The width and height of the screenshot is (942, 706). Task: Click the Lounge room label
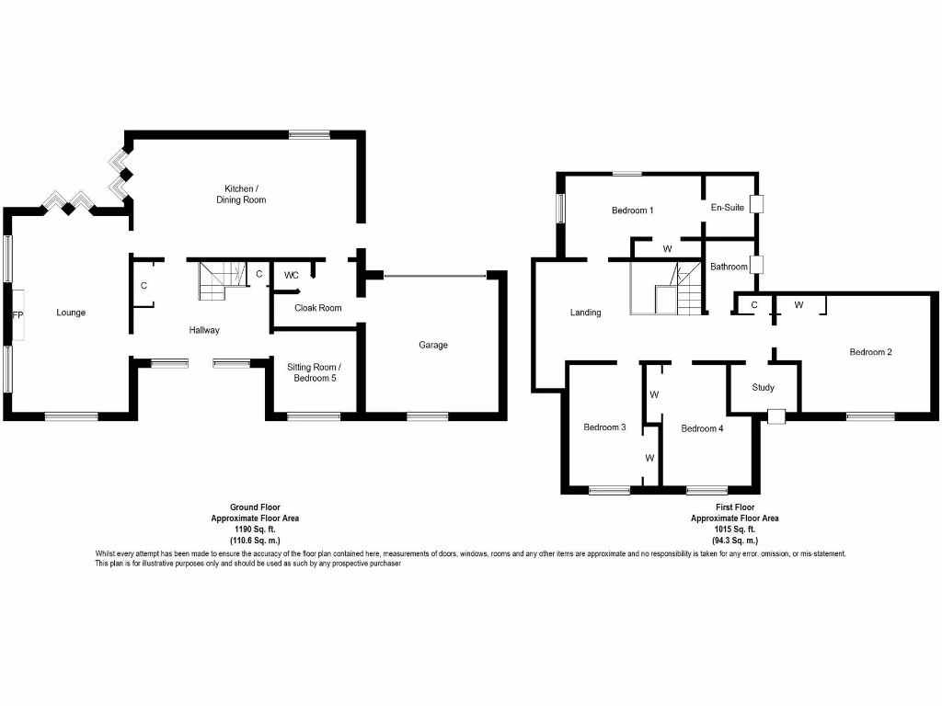pyautogui.click(x=71, y=313)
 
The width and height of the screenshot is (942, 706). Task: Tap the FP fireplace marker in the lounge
pyautogui.click(x=17, y=314)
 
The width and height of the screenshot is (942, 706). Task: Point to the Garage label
pyautogui.click(x=433, y=346)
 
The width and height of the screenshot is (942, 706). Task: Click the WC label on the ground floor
pyautogui.click(x=291, y=275)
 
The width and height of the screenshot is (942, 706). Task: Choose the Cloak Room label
pyautogui.click(x=317, y=308)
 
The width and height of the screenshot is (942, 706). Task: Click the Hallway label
pyautogui.click(x=204, y=330)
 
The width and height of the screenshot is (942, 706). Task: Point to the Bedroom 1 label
pyautogui.click(x=632, y=211)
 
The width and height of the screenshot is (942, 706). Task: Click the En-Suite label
pyautogui.click(x=727, y=208)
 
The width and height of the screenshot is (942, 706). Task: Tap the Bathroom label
pyautogui.click(x=729, y=267)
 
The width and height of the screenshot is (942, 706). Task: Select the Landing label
pyautogui.click(x=585, y=313)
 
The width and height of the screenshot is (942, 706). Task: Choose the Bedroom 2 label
pyautogui.click(x=870, y=352)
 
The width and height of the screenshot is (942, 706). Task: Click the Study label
pyautogui.click(x=763, y=387)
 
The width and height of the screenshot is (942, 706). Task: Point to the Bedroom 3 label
pyautogui.click(x=604, y=427)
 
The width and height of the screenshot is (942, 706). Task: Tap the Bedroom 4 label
pyautogui.click(x=702, y=428)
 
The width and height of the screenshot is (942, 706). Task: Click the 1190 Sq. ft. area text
pyautogui.click(x=255, y=529)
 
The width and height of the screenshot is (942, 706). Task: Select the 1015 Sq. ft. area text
pyautogui.click(x=734, y=529)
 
